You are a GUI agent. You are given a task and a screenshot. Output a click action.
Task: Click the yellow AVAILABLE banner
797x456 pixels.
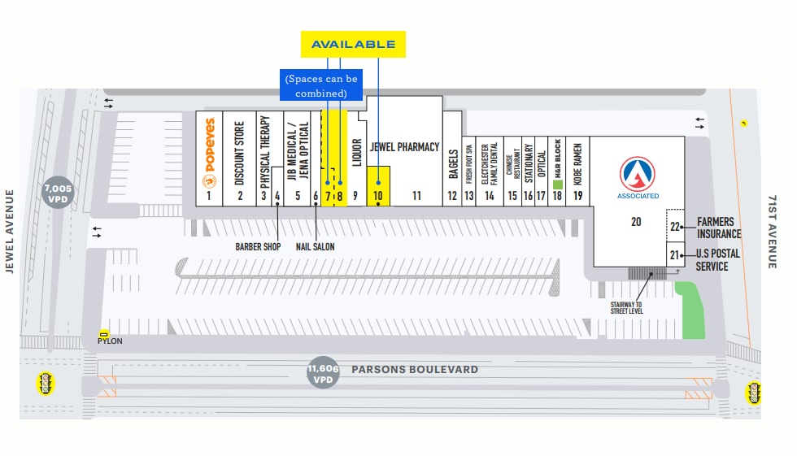(353, 44)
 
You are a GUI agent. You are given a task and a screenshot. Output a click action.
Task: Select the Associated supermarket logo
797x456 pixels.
(638, 176)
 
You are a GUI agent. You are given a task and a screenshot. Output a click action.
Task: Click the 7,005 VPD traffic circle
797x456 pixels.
(58, 193)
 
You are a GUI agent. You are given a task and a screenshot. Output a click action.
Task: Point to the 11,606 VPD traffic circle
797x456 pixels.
(323, 374)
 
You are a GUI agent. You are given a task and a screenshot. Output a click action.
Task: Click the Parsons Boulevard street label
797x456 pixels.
(415, 370)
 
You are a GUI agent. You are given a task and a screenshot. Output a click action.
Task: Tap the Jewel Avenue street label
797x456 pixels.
(11, 232)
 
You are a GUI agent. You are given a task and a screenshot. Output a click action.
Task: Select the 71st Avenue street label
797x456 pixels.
(772, 232)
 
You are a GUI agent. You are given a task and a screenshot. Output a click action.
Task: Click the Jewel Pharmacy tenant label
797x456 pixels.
(404, 147)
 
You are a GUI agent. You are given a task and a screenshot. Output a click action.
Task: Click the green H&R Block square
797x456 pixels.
(558, 185)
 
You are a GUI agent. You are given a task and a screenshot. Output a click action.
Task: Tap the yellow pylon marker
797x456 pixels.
(104, 333)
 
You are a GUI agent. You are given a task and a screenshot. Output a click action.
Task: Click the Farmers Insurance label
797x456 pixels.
(715, 228)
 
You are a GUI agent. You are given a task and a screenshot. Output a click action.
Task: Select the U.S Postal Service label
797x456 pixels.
(717, 260)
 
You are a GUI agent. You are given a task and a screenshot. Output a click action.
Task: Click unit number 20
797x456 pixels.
(636, 222)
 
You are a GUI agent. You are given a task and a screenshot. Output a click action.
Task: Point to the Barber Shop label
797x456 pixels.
(258, 246)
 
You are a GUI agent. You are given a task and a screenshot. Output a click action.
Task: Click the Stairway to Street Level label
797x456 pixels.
(626, 307)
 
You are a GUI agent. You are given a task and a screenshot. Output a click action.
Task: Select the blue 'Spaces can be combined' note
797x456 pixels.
(321, 85)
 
